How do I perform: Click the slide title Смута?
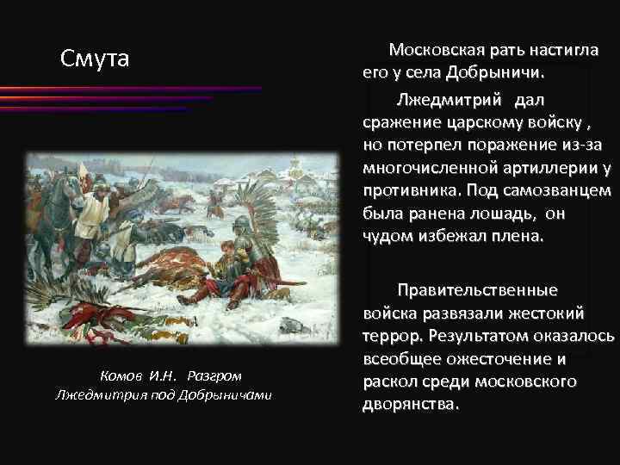coord(95,59)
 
